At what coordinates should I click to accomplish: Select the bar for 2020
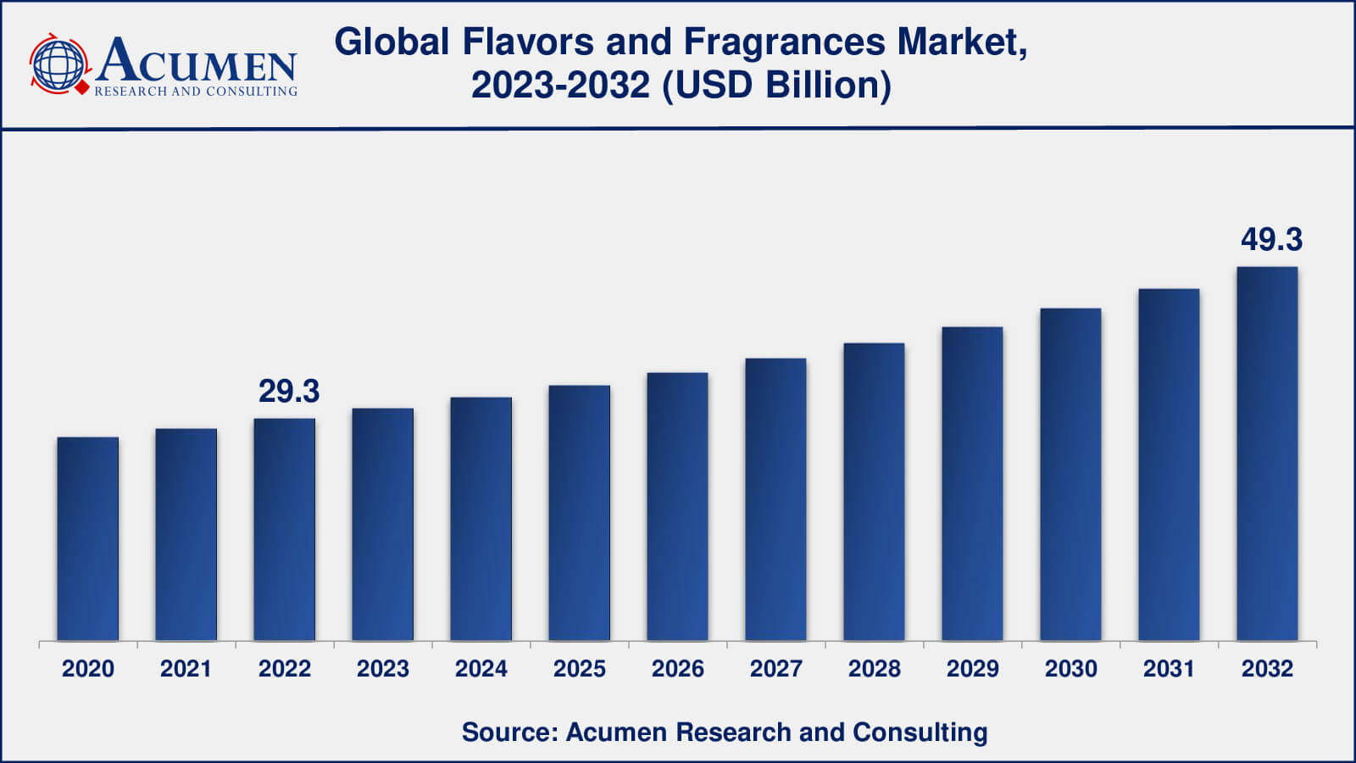click(x=88, y=539)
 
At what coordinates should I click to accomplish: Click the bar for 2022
click(x=285, y=530)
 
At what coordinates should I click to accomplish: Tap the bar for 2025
click(x=579, y=513)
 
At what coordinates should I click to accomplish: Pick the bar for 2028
click(x=874, y=492)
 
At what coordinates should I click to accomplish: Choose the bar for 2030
click(x=1070, y=475)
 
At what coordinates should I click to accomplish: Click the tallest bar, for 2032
click(x=1267, y=454)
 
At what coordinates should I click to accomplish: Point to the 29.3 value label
click(x=289, y=391)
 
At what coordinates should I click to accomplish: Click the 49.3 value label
click(x=1271, y=240)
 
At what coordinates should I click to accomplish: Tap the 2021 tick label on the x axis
click(x=186, y=669)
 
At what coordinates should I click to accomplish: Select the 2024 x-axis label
click(x=481, y=669)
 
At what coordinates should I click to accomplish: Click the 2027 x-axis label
click(x=775, y=669)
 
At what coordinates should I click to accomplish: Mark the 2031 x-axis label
click(x=1169, y=669)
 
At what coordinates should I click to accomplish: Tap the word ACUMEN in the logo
click(x=197, y=61)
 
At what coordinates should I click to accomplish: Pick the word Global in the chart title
click(x=392, y=42)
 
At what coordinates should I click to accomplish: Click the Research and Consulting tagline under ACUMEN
click(x=196, y=91)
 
